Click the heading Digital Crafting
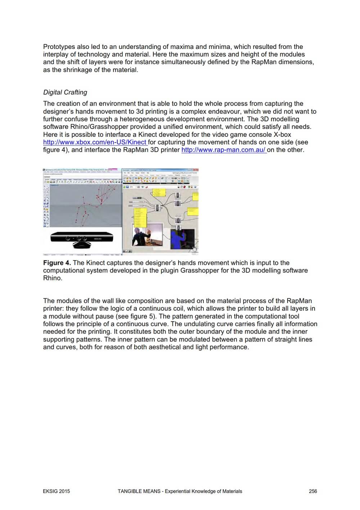[65, 92]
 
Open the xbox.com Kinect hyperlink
[95, 142]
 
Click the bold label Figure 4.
[57, 263]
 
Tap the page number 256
[313, 491]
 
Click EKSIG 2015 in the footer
[57, 491]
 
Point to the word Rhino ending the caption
[53, 278]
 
